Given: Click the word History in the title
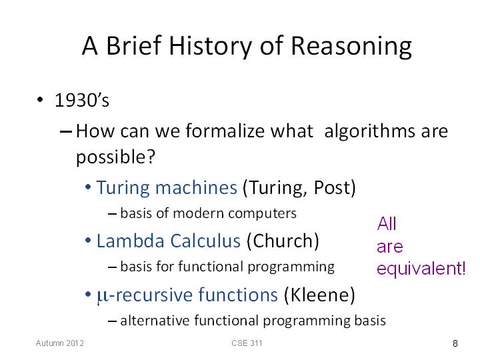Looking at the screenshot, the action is (x=210, y=47).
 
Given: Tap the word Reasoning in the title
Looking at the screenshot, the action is (x=351, y=47).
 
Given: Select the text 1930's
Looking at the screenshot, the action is (x=82, y=100).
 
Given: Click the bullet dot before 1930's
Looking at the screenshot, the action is (x=40, y=99).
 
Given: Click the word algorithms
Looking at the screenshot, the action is (x=370, y=132).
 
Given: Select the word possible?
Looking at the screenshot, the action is (x=115, y=157).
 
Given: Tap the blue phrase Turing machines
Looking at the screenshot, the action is (x=167, y=187).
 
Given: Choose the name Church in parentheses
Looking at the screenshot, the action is (x=283, y=241).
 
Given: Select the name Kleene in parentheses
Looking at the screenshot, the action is (x=319, y=295).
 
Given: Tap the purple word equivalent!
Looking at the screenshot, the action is (x=421, y=269).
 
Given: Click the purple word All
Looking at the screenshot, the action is (x=387, y=223).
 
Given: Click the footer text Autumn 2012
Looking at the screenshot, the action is (x=60, y=343).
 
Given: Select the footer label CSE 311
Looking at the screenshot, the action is (x=247, y=343).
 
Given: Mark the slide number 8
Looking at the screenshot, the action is (x=455, y=343).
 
